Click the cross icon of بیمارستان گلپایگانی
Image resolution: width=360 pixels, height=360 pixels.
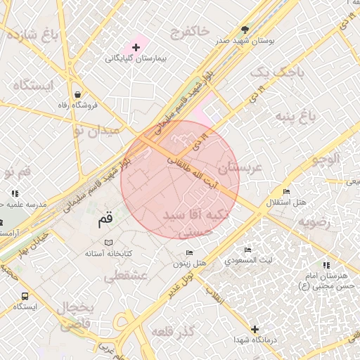click(136, 46)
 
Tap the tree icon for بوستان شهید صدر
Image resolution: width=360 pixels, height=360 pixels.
click(245, 30)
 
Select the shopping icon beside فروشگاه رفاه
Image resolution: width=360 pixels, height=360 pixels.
click(77, 94)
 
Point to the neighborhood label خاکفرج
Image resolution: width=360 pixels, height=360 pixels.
click(189, 32)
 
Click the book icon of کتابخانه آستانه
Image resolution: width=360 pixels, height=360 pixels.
click(108, 243)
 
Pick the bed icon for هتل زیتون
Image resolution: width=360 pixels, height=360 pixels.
click(188, 253)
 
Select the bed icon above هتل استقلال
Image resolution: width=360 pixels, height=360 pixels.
click(285, 192)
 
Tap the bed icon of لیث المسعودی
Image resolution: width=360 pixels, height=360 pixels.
click(247, 250)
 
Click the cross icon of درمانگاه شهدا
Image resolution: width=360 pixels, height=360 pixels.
click(255, 329)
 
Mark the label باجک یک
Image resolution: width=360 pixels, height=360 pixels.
click(270, 72)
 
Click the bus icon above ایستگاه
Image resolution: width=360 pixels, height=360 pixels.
click(25, 296)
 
